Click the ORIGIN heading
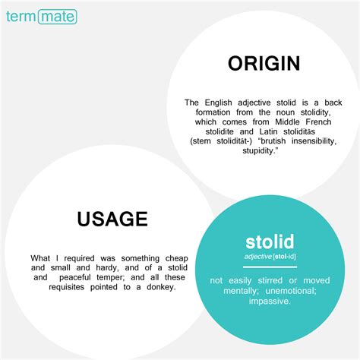click(264, 63)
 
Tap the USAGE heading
click(112, 219)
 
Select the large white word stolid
click(270, 242)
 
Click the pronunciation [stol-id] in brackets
click(284, 257)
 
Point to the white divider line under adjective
click(270, 267)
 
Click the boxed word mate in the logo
click(58, 17)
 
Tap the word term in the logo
click(21, 17)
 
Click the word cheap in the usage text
click(177, 258)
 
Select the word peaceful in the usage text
click(75, 277)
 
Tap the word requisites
click(67, 287)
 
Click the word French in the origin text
click(318, 122)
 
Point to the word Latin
click(268, 131)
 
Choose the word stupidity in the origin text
click(259, 150)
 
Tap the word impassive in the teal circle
click(269, 302)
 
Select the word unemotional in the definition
click(290, 291)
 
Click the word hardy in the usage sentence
click(107, 268)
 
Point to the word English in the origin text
click(218, 103)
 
